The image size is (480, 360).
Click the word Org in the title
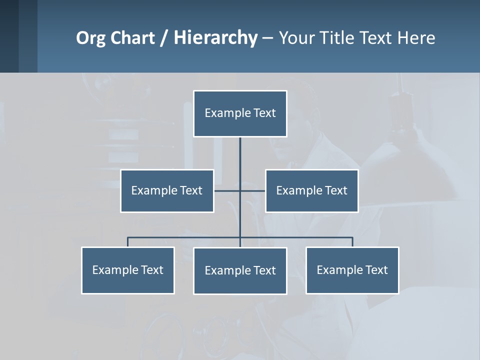pos(90,38)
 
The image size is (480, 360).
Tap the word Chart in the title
pos(130,38)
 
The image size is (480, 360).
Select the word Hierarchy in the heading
pos(215,38)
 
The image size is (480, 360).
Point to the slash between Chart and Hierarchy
pos(164,38)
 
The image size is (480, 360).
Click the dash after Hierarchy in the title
pos(267,38)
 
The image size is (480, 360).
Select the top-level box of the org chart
pos(240,113)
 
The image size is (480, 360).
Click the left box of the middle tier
pos(167,191)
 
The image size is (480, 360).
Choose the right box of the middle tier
pos(311,191)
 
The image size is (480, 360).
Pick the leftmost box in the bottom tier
pos(128,270)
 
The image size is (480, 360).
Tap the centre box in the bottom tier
pos(240,271)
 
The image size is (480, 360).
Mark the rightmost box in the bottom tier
pos(352,270)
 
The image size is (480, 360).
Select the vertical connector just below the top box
pos(240,152)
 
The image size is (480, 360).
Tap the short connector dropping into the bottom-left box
pos(128,242)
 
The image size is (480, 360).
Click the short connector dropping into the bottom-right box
pos(352,242)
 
